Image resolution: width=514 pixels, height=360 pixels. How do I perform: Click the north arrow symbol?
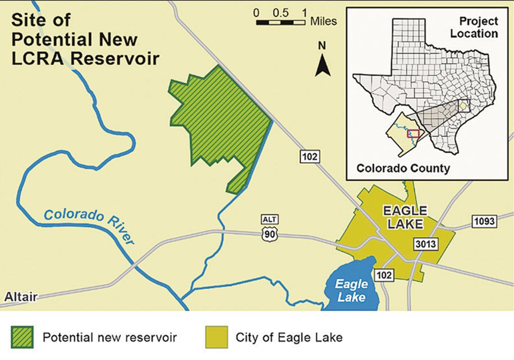(323, 66)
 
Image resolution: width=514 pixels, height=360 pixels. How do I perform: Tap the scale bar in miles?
(280, 22)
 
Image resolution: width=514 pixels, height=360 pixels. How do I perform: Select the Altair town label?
(21, 297)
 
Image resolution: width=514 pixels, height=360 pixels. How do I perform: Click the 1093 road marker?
(484, 221)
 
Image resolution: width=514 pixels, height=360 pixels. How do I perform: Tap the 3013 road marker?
(425, 244)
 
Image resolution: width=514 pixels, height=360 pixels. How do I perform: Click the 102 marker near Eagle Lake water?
(384, 274)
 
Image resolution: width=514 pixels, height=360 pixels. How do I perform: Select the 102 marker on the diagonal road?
(310, 156)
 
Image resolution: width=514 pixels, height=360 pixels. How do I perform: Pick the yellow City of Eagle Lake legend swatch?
(216, 337)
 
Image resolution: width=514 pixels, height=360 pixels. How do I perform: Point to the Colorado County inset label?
(403, 169)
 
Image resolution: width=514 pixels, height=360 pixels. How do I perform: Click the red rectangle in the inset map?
(413, 133)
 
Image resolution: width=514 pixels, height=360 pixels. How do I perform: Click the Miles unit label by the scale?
(323, 21)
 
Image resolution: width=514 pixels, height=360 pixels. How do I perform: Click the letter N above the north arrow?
(322, 46)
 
